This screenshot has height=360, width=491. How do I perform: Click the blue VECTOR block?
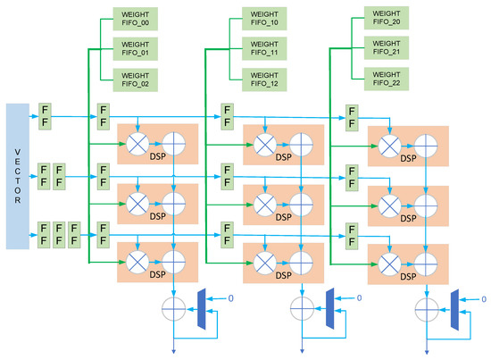point(18,174)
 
